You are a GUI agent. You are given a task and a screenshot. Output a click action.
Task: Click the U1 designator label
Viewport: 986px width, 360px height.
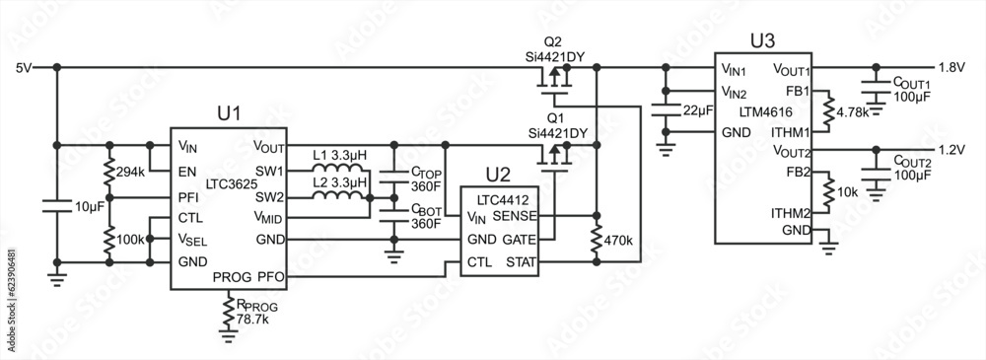click(x=229, y=113)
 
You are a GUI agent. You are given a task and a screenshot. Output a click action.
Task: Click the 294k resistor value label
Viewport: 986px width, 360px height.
click(x=130, y=172)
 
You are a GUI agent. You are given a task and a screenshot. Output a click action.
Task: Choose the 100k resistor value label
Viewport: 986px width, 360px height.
click(x=130, y=239)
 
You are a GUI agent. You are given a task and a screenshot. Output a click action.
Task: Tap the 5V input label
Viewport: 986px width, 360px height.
click(x=25, y=67)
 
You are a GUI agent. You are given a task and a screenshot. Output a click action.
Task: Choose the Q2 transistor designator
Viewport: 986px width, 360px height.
click(x=552, y=42)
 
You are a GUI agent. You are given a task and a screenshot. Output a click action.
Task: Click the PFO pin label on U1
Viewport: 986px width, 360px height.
click(x=271, y=278)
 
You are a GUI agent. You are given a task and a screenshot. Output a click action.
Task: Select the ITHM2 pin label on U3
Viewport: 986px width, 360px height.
click(x=791, y=211)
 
